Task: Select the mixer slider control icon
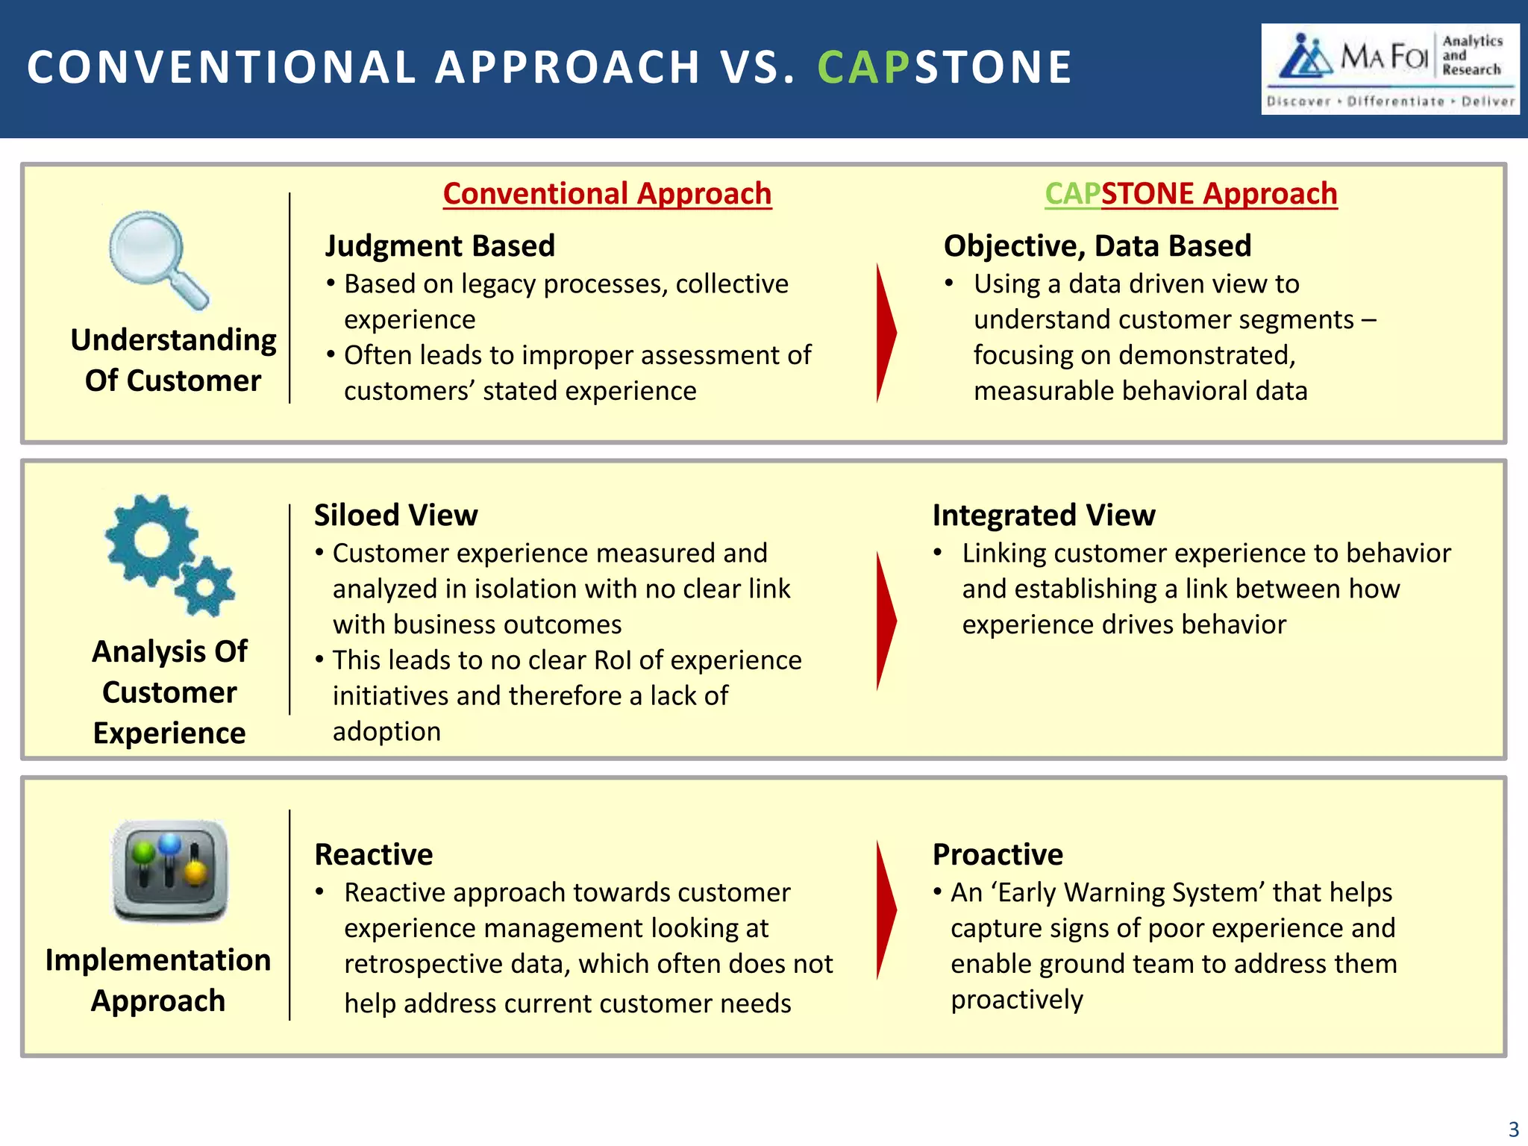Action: tap(169, 870)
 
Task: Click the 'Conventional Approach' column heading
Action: tap(607, 194)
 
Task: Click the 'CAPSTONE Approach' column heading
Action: tap(1191, 194)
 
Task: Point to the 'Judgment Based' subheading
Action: tap(440, 246)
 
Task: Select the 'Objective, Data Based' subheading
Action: tap(1097, 246)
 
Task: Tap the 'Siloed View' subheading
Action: tap(395, 516)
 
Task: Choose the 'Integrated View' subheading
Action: tap(1043, 516)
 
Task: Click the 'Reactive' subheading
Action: tap(373, 854)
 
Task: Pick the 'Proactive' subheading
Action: tap(998, 854)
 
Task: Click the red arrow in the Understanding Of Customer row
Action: tap(886, 333)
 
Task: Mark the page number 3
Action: tap(1513, 1129)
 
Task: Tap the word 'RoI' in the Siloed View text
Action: tap(613, 660)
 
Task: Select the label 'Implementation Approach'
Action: tap(158, 980)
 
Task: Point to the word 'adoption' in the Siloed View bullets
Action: tap(386, 732)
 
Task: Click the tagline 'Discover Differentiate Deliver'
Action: tap(1390, 101)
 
